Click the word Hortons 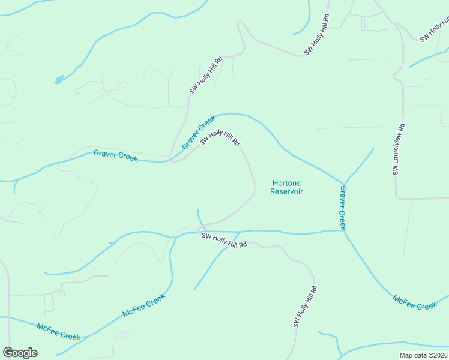(x=286, y=183)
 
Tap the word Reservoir (x=286, y=191)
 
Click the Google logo (x=20, y=353)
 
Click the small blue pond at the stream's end (x=58, y=79)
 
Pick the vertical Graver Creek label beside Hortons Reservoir (x=343, y=208)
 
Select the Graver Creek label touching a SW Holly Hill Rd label (x=199, y=133)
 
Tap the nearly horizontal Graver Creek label (x=115, y=156)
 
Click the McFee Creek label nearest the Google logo (x=58, y=332)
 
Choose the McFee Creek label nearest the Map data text (x=415, y=302)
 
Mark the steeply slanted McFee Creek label (x=143, y=305)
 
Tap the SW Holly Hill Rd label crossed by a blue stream (x=224, y=241)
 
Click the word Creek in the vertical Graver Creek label (x=343, y=220)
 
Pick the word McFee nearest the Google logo (x=47, y=328)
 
